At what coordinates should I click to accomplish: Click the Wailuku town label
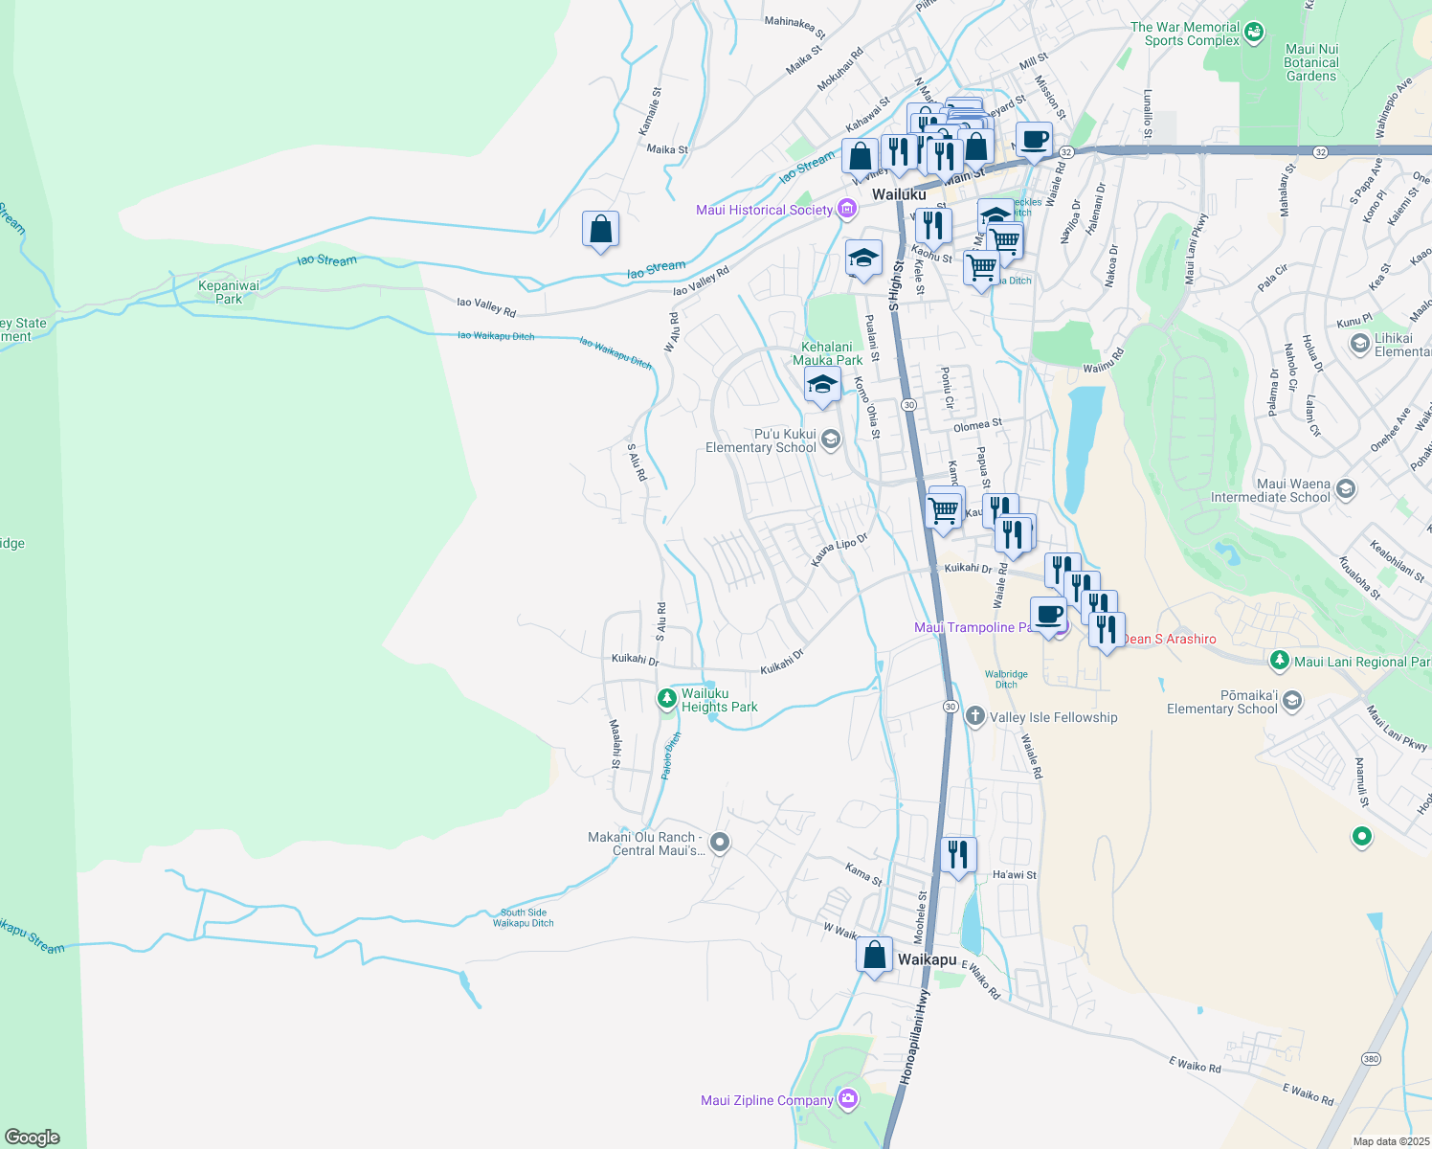pos(898,194)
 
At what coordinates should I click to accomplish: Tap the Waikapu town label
pos(927,959)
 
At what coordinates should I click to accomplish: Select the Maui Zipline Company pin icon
pos(848,1099)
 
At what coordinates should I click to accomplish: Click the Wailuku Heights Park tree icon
pos(667,700)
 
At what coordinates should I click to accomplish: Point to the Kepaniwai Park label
pos(229,292)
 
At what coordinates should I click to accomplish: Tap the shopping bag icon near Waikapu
pos(874,956)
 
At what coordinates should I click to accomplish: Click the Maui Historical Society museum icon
pos(846,209)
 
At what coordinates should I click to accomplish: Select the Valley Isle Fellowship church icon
pos(974,716)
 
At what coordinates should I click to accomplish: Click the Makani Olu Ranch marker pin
pos(720,843)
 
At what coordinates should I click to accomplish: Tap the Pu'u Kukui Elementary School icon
pos(830,440)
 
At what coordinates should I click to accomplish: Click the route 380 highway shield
pos(1371,1058)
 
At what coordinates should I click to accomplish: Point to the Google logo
pos(33,1137)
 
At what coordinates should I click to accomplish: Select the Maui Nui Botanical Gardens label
pos(1311,62)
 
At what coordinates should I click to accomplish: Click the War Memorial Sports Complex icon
pos(1254,34)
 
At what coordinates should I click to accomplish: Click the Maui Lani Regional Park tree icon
pos(1280,661)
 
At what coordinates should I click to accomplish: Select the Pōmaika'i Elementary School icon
pos(1291,702)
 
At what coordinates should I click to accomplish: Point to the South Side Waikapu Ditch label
pos(524,917)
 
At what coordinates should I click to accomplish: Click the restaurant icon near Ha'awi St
pos(958,852)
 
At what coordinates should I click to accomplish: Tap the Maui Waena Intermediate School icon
pos(1345,490)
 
